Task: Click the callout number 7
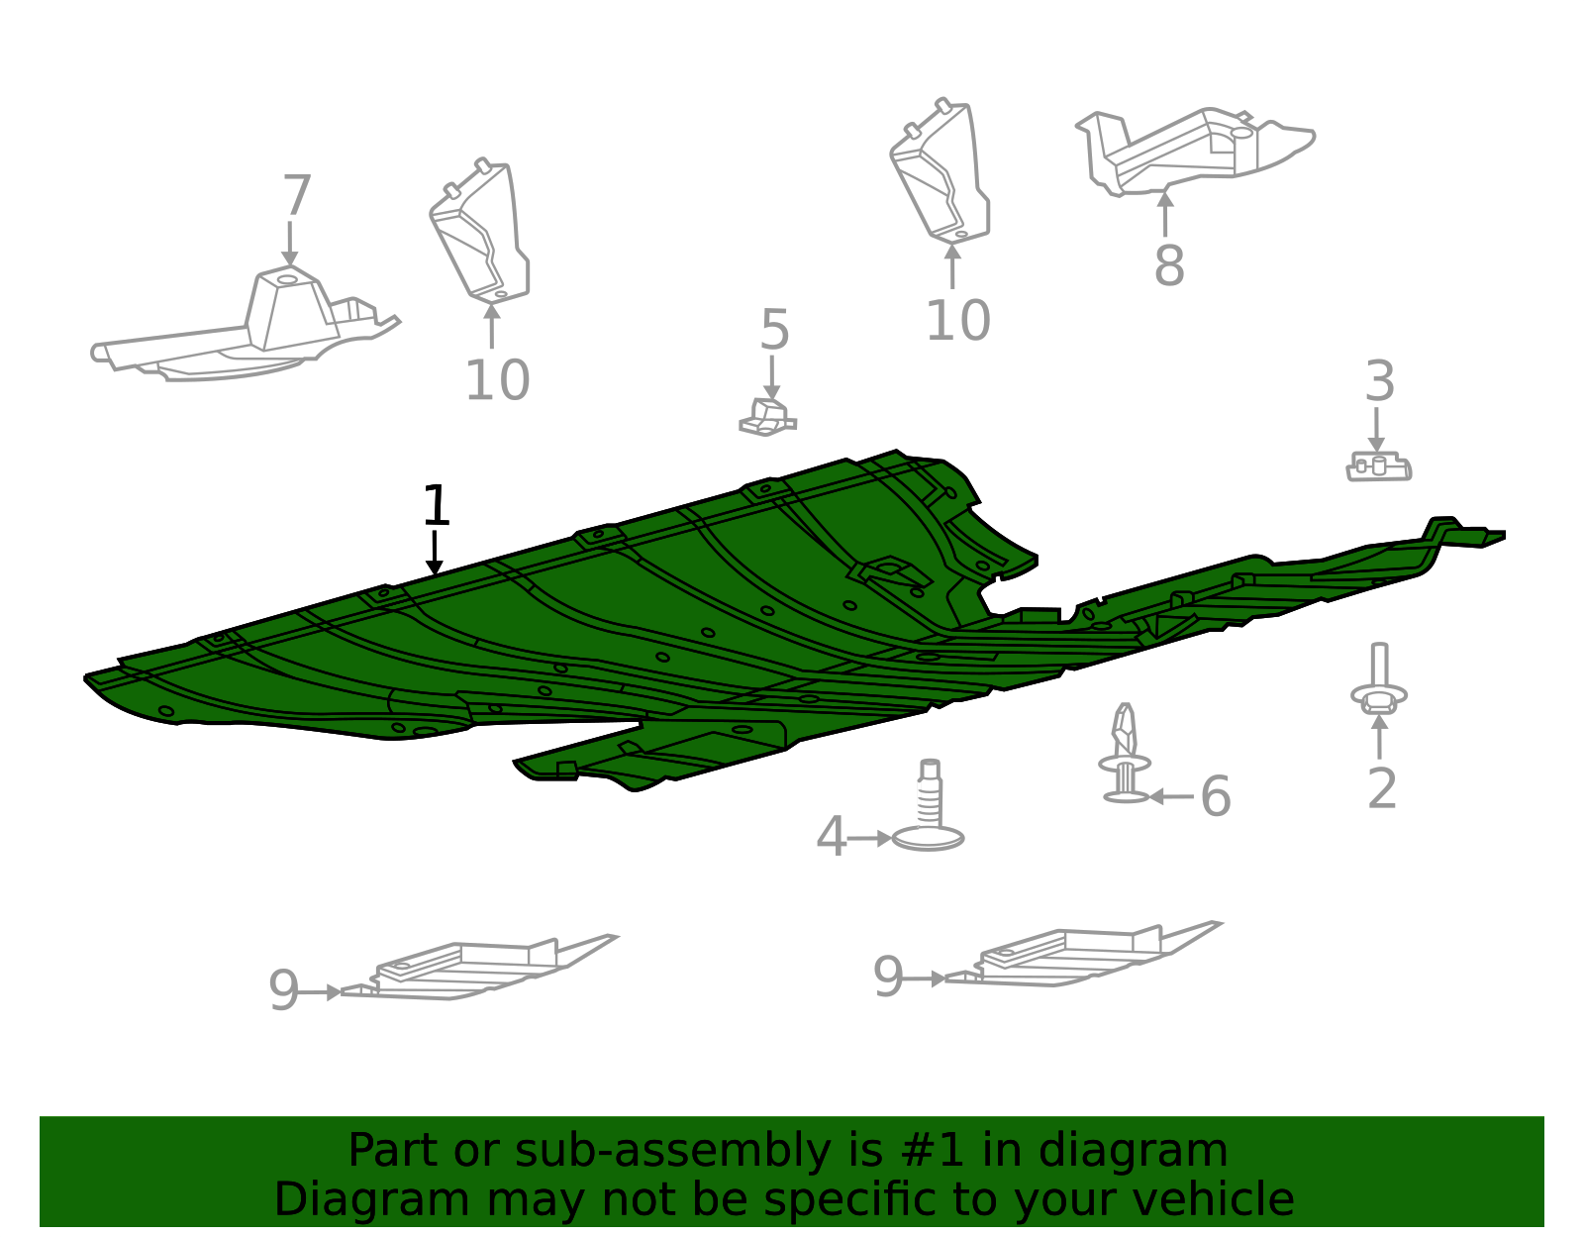[297, 195]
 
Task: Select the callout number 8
[1169, 265]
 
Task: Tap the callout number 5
[774, 330]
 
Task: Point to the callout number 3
[1379, 381]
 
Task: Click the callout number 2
[1382, 788]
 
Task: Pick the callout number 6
[1215, 796]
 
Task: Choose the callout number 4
[831, 837]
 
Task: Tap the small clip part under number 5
[767, 418]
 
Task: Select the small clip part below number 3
[1378, 466]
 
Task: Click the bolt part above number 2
[1378, 679]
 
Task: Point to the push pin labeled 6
[1125, 753]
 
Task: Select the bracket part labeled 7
[245, 326]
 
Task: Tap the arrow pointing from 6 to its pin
[1171, 796]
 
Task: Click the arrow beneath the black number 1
[435, 553]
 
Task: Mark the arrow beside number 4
[869, 838]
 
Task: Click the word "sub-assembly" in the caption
[672, 1150]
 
